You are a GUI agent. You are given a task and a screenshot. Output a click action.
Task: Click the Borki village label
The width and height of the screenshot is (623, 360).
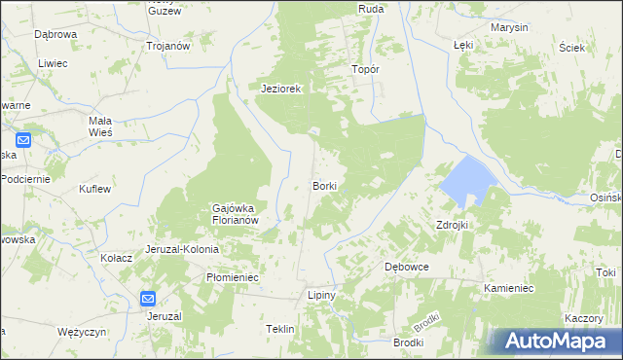(x=324, y=185)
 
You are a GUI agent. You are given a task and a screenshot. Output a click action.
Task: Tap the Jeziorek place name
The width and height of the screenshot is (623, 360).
(x=282, y=89)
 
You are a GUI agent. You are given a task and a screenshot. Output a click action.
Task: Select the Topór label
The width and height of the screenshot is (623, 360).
(x=364, y=70)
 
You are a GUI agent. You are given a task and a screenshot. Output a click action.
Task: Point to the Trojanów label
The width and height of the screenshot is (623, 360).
(x=166, y=46)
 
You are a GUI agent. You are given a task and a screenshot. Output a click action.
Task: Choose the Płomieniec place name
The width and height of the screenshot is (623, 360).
(x=232, y=277)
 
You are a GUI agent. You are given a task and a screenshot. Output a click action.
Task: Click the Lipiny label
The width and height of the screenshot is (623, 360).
(x=321, y=295)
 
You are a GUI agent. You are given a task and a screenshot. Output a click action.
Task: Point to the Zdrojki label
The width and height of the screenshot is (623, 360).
(x=453, y=225)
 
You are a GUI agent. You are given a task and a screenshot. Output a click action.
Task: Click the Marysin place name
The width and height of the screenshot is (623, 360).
(x=509, y=27)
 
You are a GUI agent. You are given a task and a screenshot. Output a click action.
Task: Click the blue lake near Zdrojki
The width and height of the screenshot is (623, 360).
(x=464, y=180)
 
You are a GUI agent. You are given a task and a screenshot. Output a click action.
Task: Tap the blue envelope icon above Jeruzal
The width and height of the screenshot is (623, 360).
(x=147, y=300)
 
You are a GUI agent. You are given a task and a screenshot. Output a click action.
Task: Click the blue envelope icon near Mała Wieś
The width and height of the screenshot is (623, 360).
(x=24, y=140)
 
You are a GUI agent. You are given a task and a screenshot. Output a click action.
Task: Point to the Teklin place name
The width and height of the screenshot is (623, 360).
(x=279, y=330)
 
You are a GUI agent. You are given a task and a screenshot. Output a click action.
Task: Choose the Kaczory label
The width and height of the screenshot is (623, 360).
(x=582, y=319)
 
